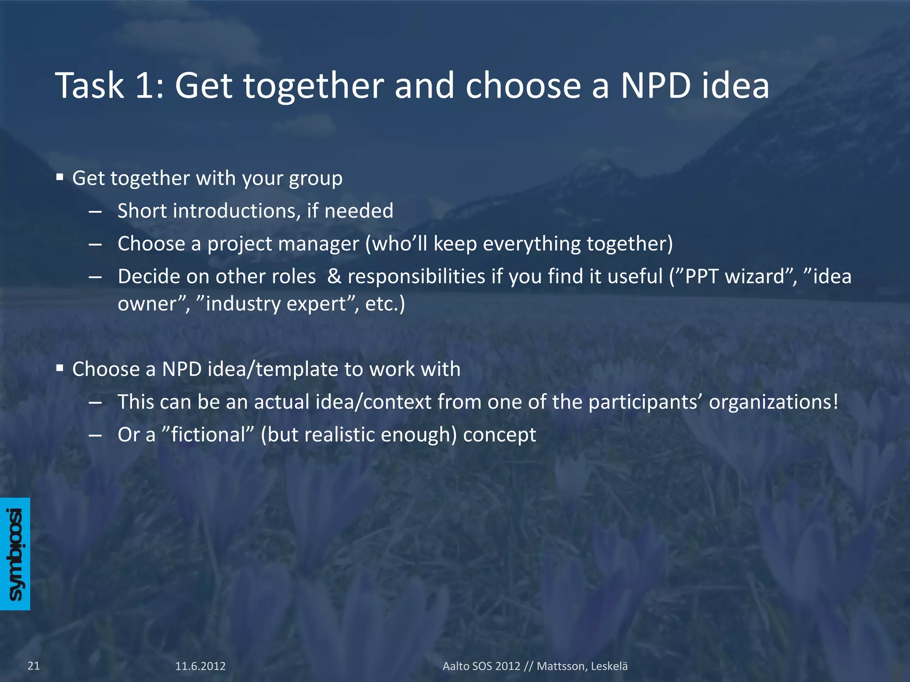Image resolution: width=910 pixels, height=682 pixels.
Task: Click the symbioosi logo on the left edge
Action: pyautogui.click(x=15, y=554)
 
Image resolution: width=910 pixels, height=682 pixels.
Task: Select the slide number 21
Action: pyautogui.click(x=34, y=666)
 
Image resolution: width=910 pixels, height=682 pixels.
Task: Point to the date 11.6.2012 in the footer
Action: pyautogui.click(x=200, y=666)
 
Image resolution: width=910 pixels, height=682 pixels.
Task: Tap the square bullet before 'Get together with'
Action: pyautogui.click(x=60, y=178)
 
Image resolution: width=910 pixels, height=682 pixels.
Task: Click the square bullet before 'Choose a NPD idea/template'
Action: pyautogui.click(x=60, y=369)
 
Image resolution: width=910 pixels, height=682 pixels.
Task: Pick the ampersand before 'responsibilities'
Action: pyautogui.click(x=334, y=277)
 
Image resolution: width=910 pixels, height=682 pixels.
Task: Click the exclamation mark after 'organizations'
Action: pyautogui.click(x=835, y=402)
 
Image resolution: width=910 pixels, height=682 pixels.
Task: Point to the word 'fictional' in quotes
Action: pyautogui.click(x=208, y=435)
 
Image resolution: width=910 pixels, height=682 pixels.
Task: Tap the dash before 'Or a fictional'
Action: pyautogui.click(x=95, y=436)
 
